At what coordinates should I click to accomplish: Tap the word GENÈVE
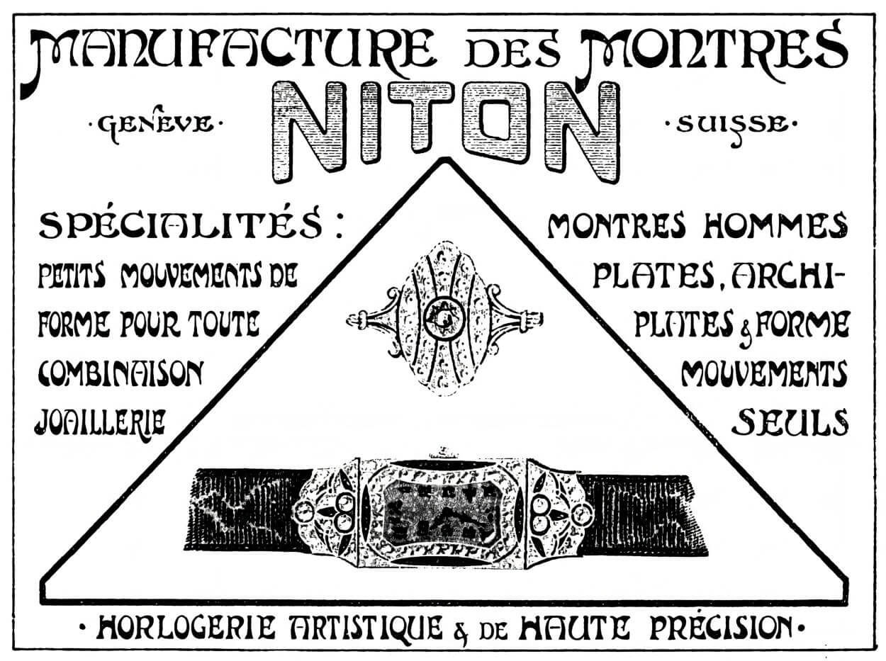click(155, 123)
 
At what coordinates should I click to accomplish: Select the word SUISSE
click(731, 125)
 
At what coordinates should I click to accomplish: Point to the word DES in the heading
click(508, 52)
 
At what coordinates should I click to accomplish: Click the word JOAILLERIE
click(101, 422)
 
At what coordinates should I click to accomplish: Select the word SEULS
click(790, 422)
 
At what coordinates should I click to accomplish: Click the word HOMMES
click(775, 226)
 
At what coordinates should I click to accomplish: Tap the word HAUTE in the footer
click(573, 628)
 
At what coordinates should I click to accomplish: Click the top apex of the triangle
click(446, 159)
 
